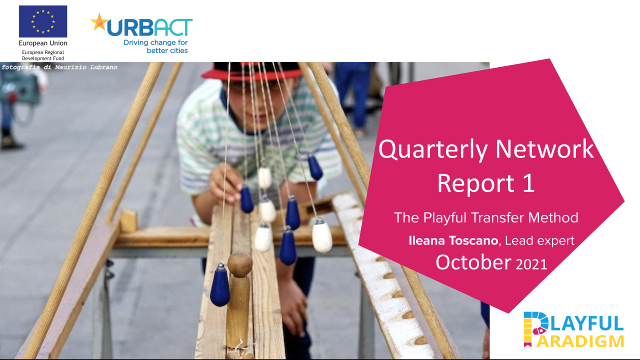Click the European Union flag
(43, 21)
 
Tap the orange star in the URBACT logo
(99, 22)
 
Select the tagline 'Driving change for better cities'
(155, 46)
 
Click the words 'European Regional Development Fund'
(43, 55)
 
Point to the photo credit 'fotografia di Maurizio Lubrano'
(59, 67)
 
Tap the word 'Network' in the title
(544, 149)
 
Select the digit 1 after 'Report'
(528, 183)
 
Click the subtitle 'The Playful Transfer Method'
(486, 218)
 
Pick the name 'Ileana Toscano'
(453, 240)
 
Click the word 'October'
(473, 262)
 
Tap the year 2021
(531, 264)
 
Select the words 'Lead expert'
(539, 240)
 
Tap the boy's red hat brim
(251, 74)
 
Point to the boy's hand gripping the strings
(225, 183)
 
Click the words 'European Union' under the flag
(43, 43)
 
